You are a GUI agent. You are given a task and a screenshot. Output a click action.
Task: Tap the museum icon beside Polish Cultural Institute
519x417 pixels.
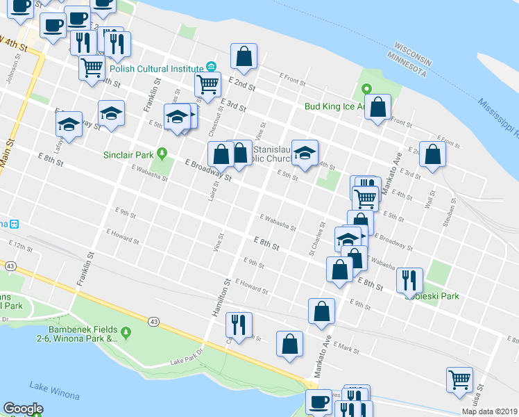210,67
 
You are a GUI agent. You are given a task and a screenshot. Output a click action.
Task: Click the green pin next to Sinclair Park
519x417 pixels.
162,153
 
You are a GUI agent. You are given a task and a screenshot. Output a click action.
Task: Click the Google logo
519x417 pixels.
23,409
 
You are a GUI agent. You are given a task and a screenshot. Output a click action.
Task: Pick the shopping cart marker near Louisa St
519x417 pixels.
459,380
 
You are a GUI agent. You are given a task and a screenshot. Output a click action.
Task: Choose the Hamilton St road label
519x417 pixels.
221,300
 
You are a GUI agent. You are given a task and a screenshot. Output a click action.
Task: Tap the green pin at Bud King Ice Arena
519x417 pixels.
366,89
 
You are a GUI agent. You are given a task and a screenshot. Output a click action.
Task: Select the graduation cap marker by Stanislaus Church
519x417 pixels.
305,153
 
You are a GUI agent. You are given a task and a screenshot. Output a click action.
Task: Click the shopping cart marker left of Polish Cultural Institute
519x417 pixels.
92,67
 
